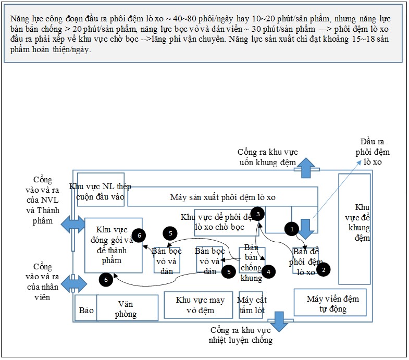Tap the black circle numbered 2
[x=324, y=269]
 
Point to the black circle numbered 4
[x=268, y=271]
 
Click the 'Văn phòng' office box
[x=127, y=308]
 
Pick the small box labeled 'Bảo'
[x=85, y=308]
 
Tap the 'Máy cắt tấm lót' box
[x=251, y=305]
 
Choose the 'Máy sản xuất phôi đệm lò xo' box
[x=222, y=197]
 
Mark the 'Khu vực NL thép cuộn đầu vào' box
[x=101, y=190]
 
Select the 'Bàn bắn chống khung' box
[x=252, y=260]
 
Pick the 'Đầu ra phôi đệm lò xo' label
[x=372, y=152]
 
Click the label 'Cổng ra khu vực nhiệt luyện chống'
[x=241, y=336]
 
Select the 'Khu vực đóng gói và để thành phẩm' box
[x=113, y=245]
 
